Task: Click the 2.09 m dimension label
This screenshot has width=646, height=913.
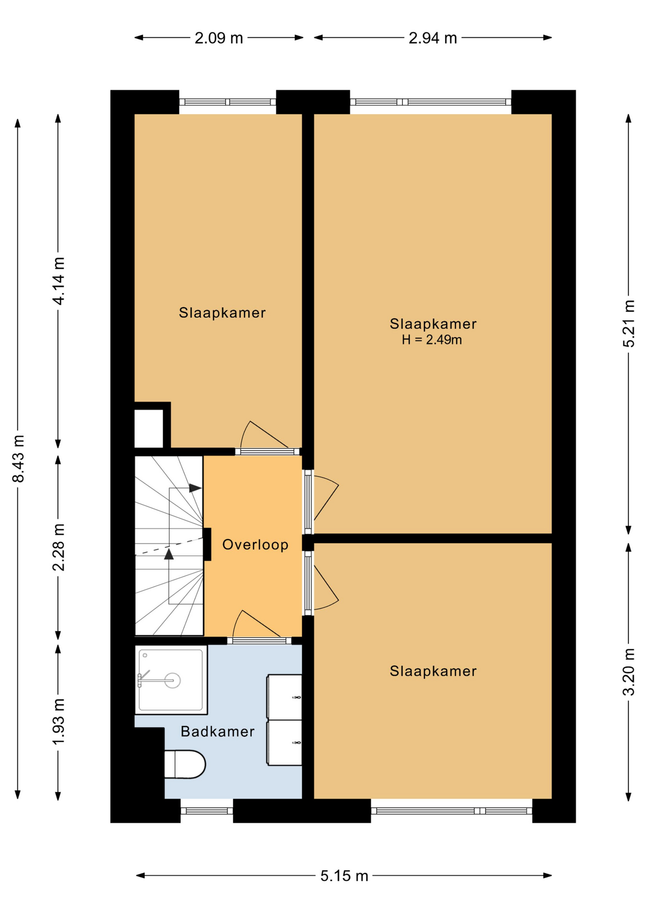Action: click(x=219, y=38)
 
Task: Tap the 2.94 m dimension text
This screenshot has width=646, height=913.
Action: click(x=432, y=38)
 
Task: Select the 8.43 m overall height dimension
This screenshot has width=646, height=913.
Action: click(x=18, y=459)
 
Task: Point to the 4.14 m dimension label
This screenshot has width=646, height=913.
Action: click(x=59, y=281)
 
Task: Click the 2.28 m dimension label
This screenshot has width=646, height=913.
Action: click(x=59, y=547)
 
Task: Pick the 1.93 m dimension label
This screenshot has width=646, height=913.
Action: click(x=59, y=722)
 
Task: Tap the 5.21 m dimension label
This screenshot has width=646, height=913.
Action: click(x=629, y=324)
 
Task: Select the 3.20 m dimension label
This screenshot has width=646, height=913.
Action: click(x=629, y=672)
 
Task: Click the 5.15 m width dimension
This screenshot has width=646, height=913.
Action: click(x=344, y=875)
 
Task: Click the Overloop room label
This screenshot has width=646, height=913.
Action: click(x=255, y=544)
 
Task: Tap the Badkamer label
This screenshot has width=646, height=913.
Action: click(x=217, y=731)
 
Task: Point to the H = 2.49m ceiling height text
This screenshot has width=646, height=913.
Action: click(x=432, y=340)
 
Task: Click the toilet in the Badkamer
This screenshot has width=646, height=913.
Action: click(x=185, y=764)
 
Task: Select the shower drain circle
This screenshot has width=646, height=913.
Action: click(x=173, y=680)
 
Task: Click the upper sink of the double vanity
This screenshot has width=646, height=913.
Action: click(x=284, y=697)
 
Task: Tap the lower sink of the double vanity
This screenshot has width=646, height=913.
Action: click(x=284, y=742)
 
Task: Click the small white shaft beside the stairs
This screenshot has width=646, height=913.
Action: click(x=149, y=428)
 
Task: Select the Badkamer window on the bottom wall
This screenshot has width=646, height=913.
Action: click(x=207, y=811)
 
